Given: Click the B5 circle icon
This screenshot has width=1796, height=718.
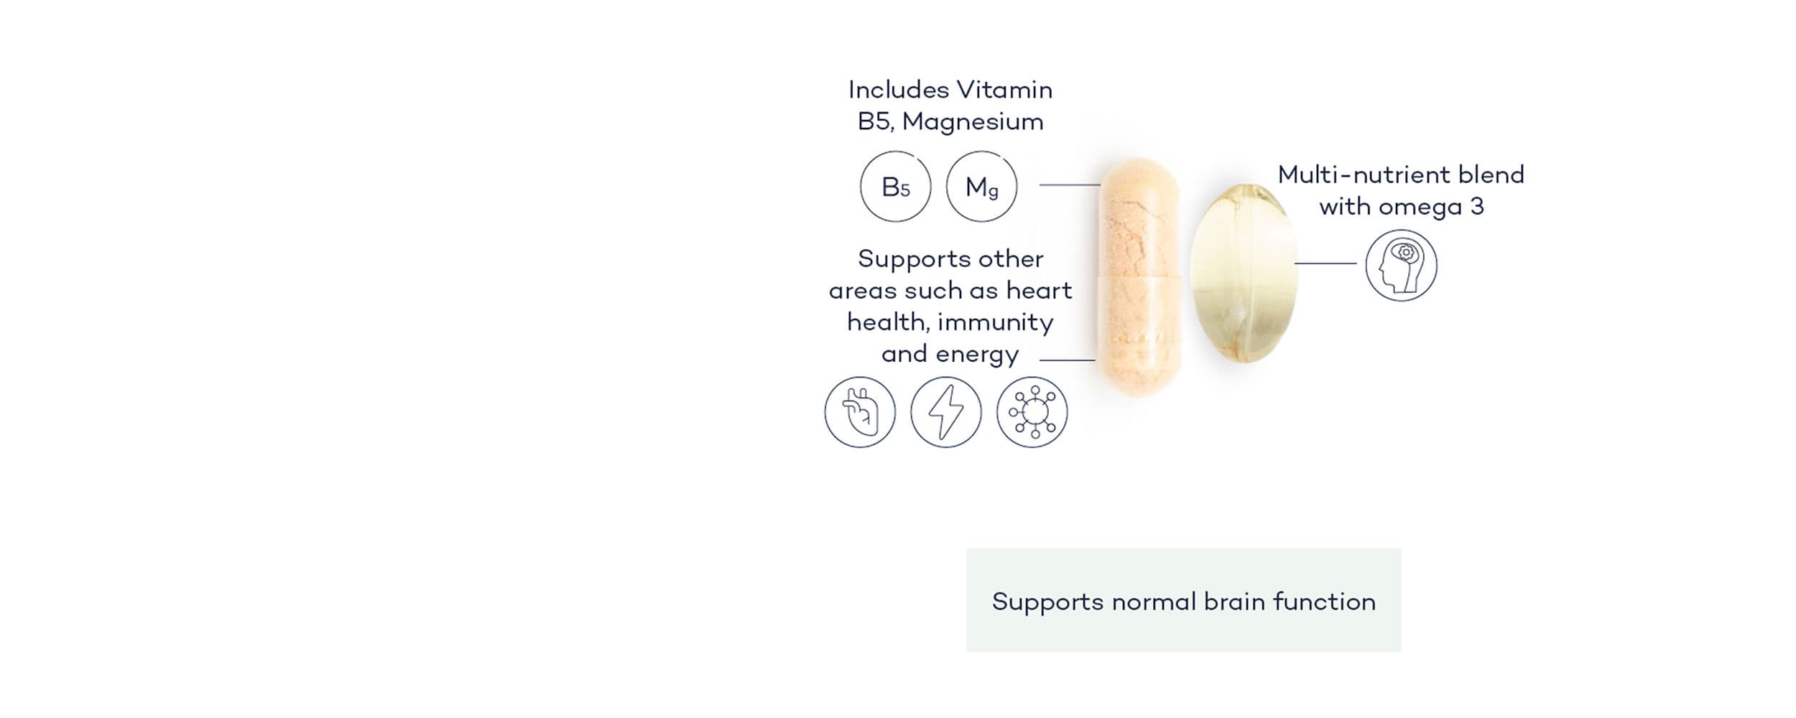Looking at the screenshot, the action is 895,187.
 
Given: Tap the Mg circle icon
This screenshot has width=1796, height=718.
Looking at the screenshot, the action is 981,187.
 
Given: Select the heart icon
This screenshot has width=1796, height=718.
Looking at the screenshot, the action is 860,412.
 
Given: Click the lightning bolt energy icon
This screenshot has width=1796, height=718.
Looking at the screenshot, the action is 946,412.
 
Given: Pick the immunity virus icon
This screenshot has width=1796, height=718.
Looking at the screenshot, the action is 1032,412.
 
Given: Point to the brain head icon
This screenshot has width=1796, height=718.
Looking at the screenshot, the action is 1401,266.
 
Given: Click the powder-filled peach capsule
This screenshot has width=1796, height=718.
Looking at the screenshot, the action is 1138,276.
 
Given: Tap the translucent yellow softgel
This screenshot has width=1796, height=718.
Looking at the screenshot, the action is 1244,273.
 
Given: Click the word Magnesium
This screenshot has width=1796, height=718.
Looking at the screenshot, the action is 973,122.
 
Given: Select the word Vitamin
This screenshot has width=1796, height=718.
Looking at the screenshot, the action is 1005,90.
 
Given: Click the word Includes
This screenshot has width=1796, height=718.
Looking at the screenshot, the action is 899,90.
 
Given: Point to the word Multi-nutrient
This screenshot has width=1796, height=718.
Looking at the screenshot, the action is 1354,174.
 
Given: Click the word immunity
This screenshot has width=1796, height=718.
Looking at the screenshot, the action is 996,322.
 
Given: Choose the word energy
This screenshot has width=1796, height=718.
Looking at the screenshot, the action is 977,355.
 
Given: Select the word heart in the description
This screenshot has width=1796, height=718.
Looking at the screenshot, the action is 1039,290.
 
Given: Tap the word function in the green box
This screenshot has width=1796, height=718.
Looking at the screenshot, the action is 1324,601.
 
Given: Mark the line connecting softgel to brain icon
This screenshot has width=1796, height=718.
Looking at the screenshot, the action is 1325,264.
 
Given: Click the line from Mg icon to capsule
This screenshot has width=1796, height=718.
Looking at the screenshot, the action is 1070,185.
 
